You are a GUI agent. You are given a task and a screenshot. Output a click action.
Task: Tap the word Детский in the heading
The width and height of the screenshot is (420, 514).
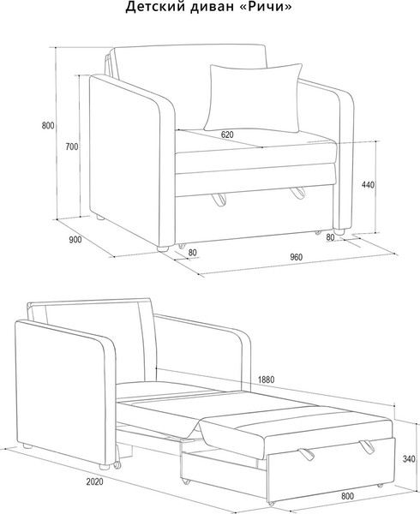click(154, 7)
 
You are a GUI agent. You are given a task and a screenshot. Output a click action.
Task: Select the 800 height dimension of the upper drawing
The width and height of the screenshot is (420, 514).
click(48, 126)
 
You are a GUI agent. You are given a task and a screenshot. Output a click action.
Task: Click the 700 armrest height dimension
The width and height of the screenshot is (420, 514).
click(72, 146)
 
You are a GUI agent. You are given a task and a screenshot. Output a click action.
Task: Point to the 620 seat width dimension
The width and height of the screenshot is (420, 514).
click(227, 134)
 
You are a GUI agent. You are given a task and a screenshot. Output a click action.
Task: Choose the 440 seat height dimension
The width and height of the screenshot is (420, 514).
click(368, 185)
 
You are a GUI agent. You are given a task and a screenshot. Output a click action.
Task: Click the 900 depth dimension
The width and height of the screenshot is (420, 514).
click(75, 240)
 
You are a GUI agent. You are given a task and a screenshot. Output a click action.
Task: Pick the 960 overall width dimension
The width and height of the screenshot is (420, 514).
click(296, 257)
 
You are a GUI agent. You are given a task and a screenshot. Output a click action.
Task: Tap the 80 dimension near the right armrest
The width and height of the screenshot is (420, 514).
click(331, 237)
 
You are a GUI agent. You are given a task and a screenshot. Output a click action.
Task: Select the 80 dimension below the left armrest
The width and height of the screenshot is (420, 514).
click(193, 253)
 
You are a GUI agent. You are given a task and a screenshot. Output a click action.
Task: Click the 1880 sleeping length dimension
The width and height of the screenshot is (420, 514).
click(266, 380)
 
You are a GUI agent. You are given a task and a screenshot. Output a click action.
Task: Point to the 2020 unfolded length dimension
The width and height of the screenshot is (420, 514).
click(95, 481)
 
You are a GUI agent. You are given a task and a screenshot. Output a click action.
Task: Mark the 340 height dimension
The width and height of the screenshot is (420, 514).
click(409, 459)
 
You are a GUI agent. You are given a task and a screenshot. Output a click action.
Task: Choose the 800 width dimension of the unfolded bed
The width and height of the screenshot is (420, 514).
click(347, 496)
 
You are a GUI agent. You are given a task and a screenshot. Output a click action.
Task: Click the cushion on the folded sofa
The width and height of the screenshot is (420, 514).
click(253, 98)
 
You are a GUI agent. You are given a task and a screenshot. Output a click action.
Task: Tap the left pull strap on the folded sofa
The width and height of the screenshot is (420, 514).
click(219, 200)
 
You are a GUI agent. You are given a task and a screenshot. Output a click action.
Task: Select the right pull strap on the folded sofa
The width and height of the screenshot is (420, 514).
click(297, 193)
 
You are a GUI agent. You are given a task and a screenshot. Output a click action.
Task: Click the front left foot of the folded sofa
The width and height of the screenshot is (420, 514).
click(165, 248)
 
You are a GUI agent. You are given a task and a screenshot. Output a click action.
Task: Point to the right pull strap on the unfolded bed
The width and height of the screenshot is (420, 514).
click(367, 446)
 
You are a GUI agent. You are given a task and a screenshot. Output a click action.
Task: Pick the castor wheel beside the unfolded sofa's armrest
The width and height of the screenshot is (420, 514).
click(117, 465)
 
